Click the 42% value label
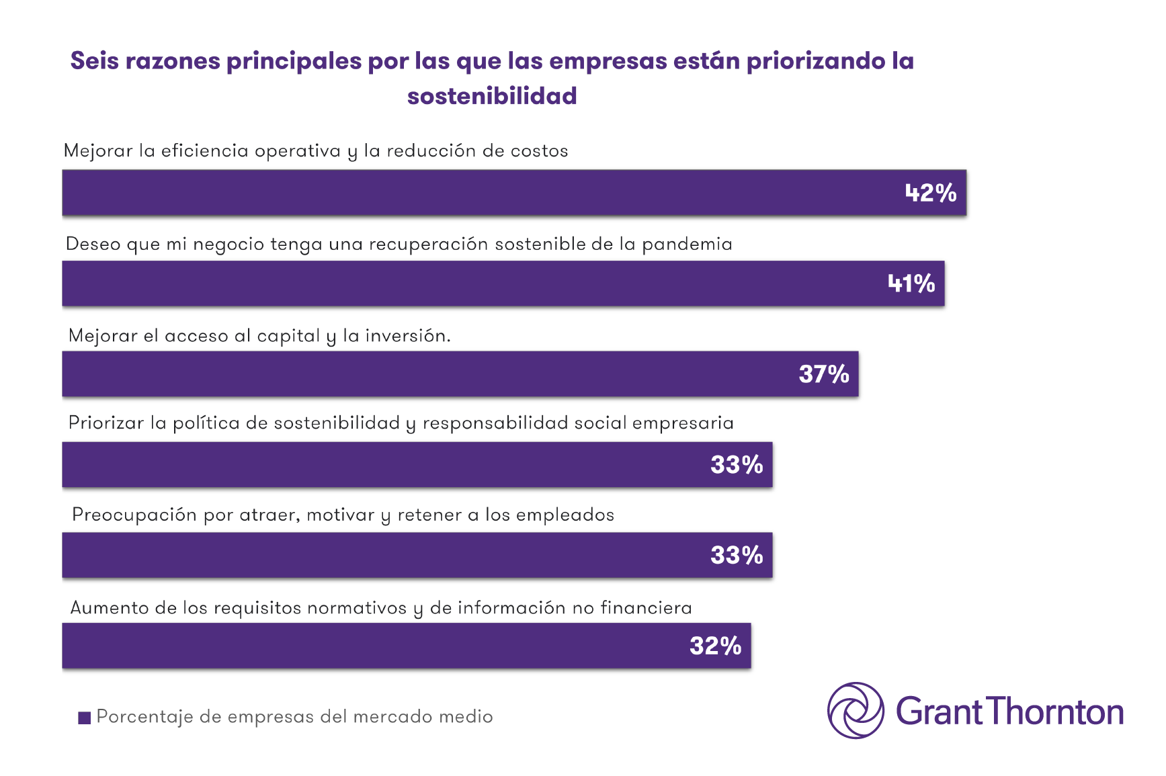[x=930, y=193]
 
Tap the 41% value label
[x=911, y=284]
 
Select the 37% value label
[x=823, y=374]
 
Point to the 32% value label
[x=715, y=646]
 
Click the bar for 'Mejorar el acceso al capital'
[x=430, y=374]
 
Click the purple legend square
[x=84, y=718]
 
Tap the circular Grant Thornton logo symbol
[x=856, y=711]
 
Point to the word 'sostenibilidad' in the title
[x=492, y=96]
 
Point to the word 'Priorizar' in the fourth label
[x=106, y=423]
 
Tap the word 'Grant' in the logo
[x=939, y=712]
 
